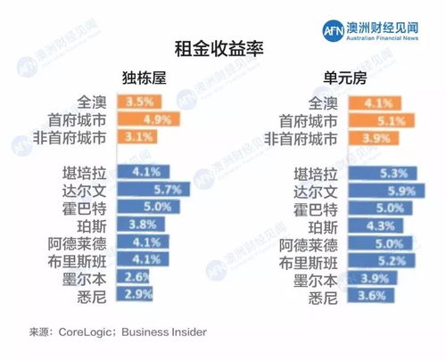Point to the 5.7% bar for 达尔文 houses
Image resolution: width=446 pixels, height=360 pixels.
(153, 190)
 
